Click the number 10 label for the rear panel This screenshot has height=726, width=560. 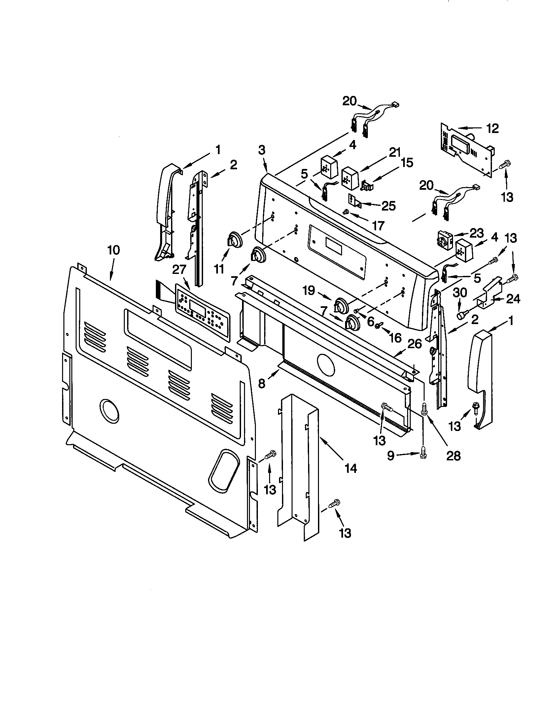(113, 250)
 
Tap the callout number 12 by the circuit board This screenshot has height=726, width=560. (493, 128)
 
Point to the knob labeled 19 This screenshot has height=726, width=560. (341, 305)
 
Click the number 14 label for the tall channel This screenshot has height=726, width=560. (351, 468)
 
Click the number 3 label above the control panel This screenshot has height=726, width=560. (262, 150)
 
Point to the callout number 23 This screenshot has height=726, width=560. (476, 234)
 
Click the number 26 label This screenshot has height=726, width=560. (414, 344)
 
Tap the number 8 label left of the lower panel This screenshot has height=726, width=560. (262, 383)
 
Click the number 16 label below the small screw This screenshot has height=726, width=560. (395, 338)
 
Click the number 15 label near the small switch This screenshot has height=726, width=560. (406, 163)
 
